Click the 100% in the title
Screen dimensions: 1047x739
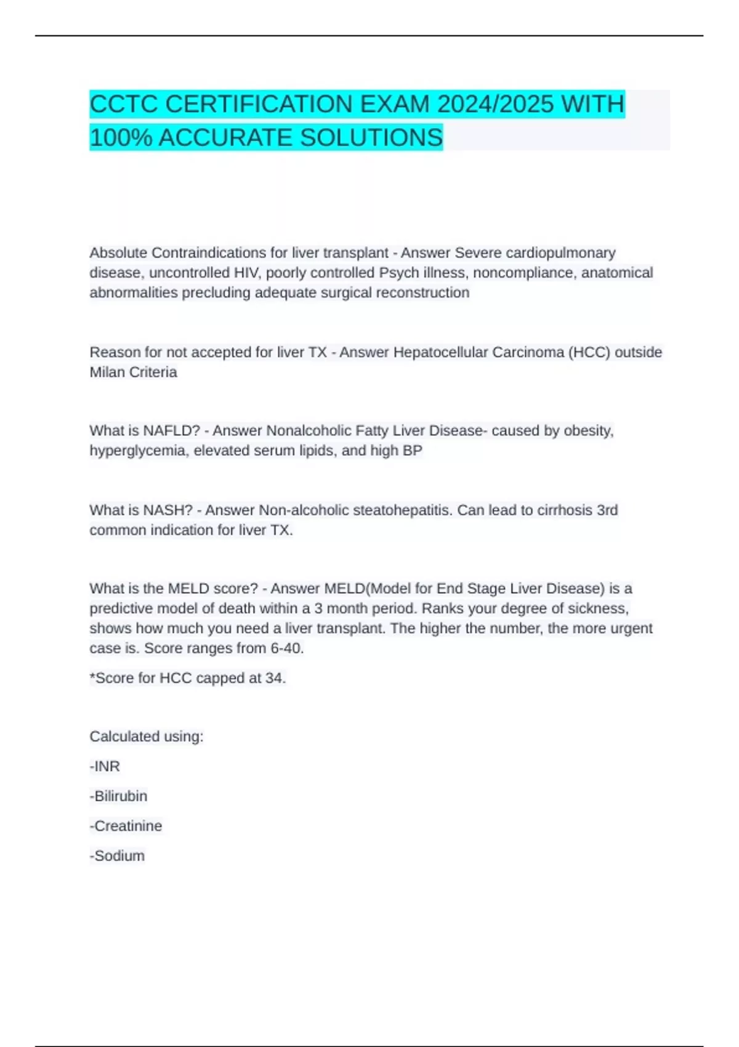[121, 137]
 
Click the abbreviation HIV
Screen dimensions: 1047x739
[248, 273]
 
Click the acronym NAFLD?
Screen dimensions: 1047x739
[171, 431]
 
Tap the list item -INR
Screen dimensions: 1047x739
[105, 767]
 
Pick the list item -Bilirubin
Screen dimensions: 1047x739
[118, 796]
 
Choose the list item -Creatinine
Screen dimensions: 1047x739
[126, 826]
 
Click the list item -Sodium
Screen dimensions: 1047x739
[117, 856]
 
